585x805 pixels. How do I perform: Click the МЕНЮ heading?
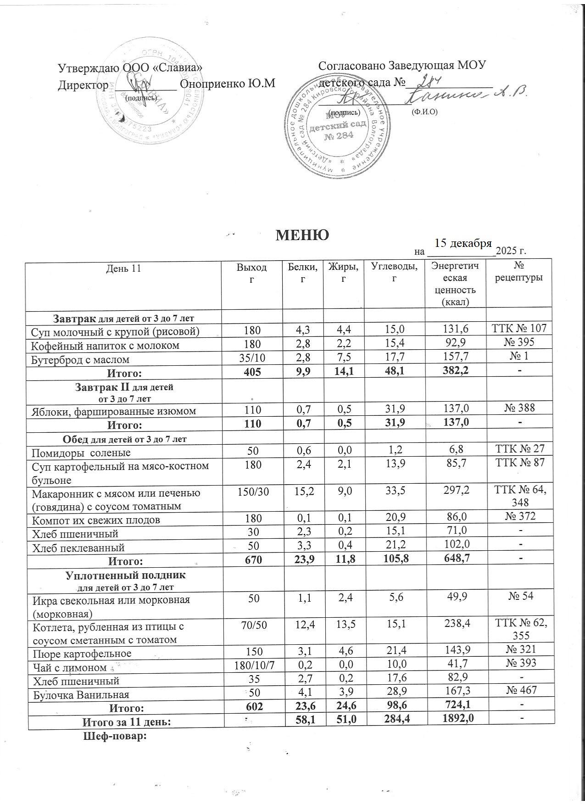(302, 235)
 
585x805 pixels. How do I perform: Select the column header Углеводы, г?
(395, 272)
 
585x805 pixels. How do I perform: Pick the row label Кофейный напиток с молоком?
(105, 346)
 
